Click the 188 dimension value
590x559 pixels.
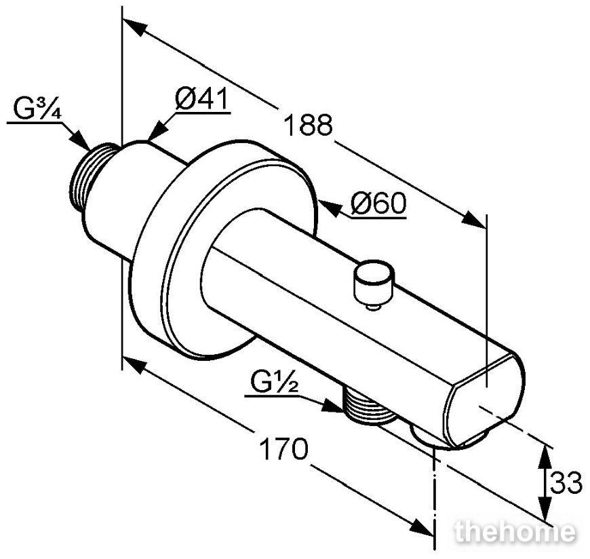(308, 125)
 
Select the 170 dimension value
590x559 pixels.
(283, 448)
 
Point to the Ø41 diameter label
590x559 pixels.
(201, 98)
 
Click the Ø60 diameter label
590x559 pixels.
(378, 204)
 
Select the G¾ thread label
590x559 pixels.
(37, 109)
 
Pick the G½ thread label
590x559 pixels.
(274, 383)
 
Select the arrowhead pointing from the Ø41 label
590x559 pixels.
(158, 130)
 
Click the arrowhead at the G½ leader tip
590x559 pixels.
(332, 406)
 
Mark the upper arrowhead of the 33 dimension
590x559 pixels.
(545, 457)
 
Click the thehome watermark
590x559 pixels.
(515, 532)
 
